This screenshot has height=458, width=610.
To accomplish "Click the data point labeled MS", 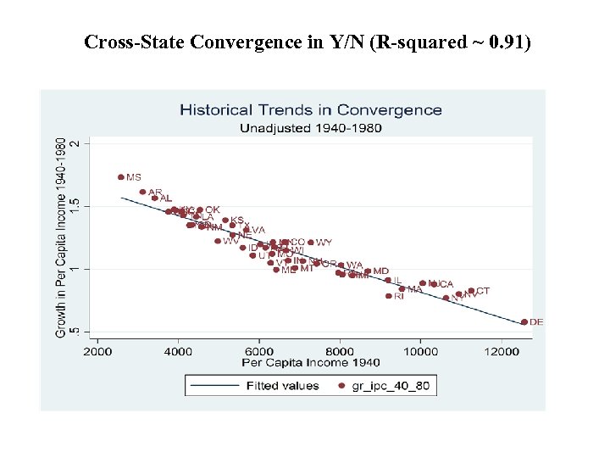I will click(x=121, y=177).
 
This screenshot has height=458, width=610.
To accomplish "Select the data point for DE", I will click(x=524, y=322).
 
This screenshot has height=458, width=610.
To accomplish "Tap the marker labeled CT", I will click(x=471, y=291).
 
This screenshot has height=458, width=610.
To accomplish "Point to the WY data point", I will click(x=311, y=243).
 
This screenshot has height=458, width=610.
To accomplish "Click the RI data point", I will click(x=389, y=296).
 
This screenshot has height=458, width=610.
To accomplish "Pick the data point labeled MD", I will click(x=368, y=271).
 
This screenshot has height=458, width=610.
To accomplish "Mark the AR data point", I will click(x=142, y=192).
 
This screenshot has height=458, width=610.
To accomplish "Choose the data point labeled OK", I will click(x=200, y=209).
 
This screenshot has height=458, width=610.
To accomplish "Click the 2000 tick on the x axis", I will click(x=97, y=350).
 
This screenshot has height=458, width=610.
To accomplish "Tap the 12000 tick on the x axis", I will click(x=502, y=350).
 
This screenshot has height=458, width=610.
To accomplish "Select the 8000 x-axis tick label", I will click(x=340, y=350).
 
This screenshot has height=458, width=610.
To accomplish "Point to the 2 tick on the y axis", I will click(x=75, y=143).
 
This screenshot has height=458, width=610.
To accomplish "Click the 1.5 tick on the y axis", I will click(x=75, y=206).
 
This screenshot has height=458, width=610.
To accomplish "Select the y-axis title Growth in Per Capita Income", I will click(x=61, y=237).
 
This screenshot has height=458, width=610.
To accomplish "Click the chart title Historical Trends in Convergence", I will click(x=310, y=109).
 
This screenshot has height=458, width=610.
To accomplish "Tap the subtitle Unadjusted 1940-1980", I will click(x=310, y=128).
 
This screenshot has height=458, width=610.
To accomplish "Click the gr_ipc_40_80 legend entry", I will click(x=385, y=386).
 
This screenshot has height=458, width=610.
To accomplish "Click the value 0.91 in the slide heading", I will click(x=505, y=42).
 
